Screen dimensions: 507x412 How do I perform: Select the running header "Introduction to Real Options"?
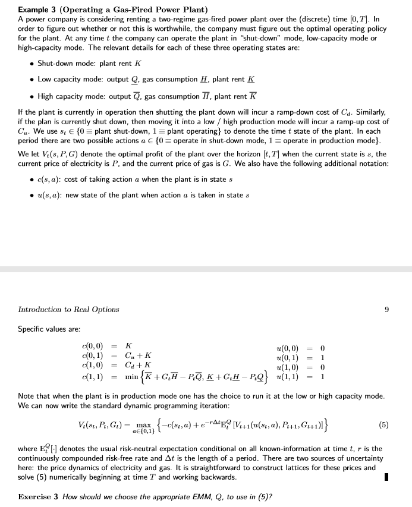coord(68,309)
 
